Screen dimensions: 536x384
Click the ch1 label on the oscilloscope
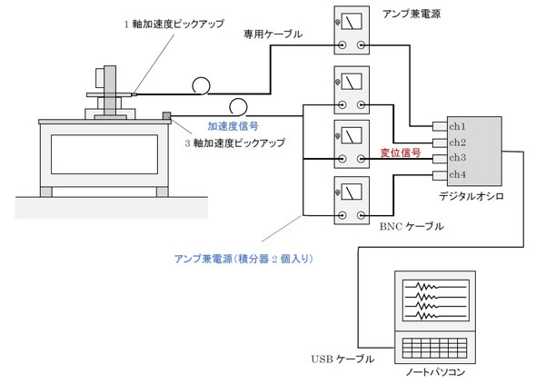point(457,127)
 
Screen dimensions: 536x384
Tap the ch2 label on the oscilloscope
point(457,143)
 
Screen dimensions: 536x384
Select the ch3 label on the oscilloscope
point(457,157)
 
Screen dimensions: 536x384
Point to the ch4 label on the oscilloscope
point(457,174)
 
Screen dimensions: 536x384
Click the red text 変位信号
point(401,153)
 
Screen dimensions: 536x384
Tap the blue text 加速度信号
point(233,126)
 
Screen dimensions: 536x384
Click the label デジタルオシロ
point(471,196)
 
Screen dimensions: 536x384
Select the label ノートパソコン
point(435,371)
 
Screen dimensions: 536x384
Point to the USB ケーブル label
point(342,359)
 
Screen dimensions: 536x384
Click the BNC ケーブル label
point(412,226)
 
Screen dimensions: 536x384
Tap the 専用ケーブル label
point(273,34)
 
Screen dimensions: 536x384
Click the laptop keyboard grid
point(435,348)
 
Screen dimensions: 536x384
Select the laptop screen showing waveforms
point(435,300)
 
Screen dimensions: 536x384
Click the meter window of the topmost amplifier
point(352,22)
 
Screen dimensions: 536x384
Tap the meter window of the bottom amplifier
point(352,192)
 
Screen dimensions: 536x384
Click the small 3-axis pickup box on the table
point(166,116)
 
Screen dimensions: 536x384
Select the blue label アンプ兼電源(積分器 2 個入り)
point(243,259)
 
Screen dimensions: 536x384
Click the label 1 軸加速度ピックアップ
point(174,24)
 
